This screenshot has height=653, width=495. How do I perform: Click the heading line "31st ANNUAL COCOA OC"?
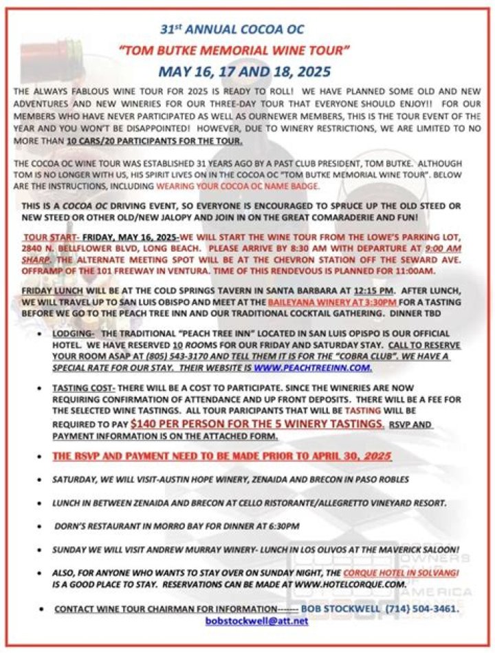[232, 30]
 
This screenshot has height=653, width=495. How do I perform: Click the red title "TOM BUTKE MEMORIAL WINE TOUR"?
[234, 50]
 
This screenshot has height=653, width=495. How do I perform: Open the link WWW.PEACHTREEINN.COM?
[312, 367]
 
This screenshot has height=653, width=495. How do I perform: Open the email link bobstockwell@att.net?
[256, 621]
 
